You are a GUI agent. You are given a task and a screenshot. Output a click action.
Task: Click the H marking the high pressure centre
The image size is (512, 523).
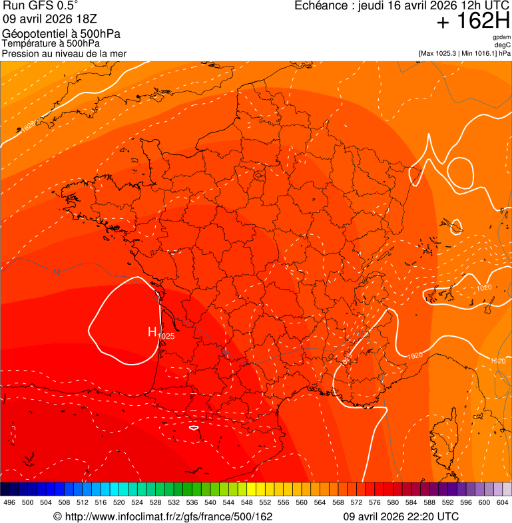pos(152,331)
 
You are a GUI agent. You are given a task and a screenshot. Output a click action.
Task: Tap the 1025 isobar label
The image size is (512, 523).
pos(166,337)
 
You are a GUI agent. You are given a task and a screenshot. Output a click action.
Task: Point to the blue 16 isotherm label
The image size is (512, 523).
pos(57,272)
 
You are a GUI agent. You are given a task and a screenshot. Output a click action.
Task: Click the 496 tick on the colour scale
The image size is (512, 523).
pos(9,503)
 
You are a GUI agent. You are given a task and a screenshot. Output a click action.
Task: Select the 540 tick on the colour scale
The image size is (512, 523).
pos(210,503)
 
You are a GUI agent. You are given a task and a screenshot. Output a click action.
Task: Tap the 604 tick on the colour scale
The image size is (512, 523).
pos(503,503)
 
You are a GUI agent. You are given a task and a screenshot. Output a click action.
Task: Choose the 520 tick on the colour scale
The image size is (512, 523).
pos(119,503)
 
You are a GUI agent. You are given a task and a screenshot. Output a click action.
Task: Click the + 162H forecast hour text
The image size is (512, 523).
pos(473,21)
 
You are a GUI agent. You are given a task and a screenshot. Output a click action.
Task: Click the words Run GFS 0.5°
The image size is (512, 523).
pos(40,6)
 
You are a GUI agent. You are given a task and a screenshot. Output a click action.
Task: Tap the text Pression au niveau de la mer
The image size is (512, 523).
pos(64,53)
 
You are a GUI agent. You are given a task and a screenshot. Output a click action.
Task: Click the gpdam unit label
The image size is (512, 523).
pos(501,37)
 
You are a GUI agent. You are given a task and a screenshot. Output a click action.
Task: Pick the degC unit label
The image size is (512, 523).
pos(503,45)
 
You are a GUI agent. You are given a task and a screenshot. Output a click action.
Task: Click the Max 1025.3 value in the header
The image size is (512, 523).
pos(445,53)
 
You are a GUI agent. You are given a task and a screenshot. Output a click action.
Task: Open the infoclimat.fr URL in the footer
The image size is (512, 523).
pos(163,516)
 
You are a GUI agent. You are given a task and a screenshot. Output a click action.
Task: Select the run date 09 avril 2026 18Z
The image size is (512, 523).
pos(50,19)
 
